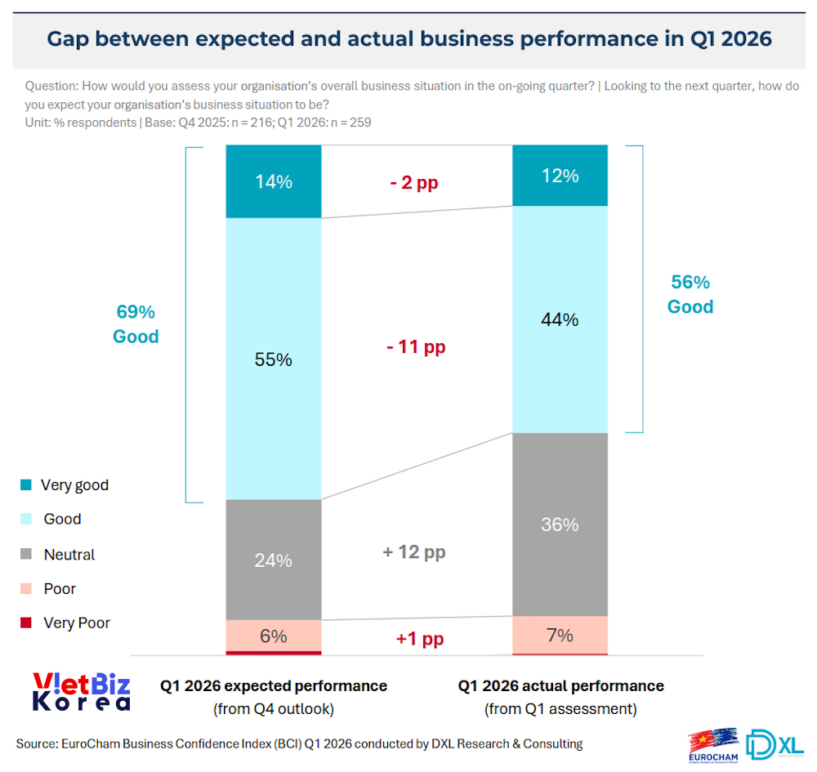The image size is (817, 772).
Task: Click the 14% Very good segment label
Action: click(x=273, y=182)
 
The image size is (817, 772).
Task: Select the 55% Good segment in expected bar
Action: click(x=273, y=359)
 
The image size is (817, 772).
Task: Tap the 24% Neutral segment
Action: click(x=273, y=560)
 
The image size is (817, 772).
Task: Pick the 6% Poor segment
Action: click(x=273, y=636)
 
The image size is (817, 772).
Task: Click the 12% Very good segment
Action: click(x=560, y=176)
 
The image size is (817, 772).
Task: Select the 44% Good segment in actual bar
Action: click(x=560, y=319)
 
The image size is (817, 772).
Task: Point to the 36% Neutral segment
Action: click(x=560, y=524)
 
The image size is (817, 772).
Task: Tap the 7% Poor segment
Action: click(x=560, y=635)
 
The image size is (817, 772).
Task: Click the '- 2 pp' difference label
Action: click(x=413, y=182)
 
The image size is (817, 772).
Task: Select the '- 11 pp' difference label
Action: click(x=416, y=347)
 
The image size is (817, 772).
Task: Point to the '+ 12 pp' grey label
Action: click(x=414, y=552)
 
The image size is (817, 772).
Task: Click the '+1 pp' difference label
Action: click(x=420, y=639)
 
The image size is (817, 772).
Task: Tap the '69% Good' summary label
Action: click(x=136, y=324)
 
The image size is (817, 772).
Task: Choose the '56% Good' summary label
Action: click(x=690, y=295)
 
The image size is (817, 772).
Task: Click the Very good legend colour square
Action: click(x=26, y=485)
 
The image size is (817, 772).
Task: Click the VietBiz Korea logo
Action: click(x=82, y=692)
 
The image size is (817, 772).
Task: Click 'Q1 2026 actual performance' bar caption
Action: click(x=560, y=685)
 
